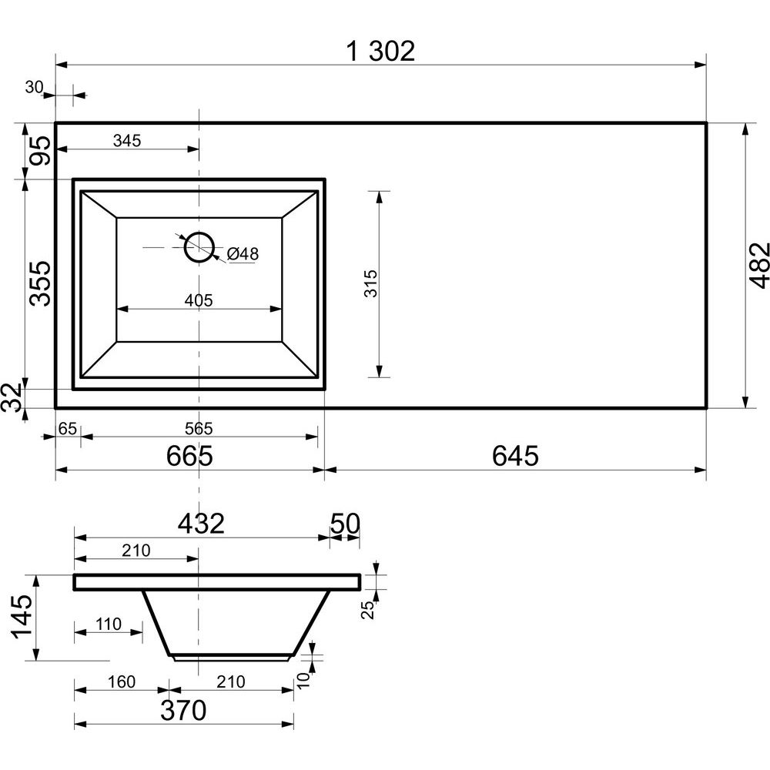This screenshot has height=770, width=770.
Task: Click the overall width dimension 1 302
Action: click(380, 51)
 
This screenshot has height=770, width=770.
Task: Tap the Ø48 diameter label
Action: click(243, 254)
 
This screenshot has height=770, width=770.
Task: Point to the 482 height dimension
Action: click(758, 265)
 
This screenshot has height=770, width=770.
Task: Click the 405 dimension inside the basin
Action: click(199, 300)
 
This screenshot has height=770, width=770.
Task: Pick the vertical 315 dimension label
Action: click(370, 283)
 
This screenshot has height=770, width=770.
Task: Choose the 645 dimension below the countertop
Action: click(515, 456)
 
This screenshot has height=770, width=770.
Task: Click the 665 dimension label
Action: click(189, 456)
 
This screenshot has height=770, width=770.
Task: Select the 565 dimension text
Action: click(199, 429)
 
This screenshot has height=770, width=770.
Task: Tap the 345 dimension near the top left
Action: click(127, 141)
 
